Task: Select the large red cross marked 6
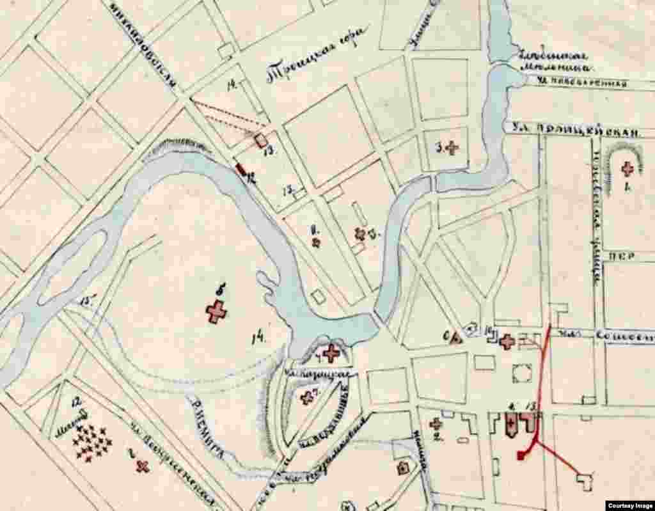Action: pos(217,311)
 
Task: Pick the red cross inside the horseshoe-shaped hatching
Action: pos(627,169)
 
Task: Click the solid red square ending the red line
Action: pos(522,455)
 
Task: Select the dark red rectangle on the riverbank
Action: pos(242,169)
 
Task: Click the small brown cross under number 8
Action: pos(315,242)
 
